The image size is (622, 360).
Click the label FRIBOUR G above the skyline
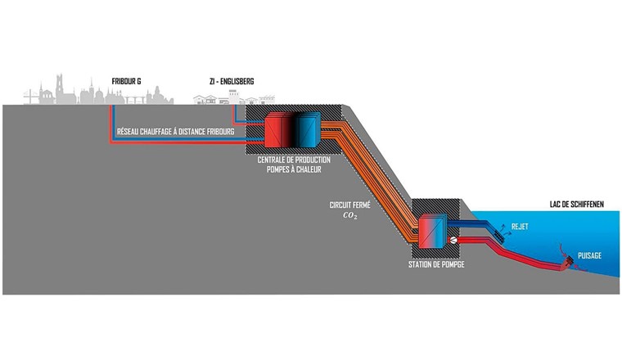point(128,81)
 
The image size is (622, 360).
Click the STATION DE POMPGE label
point(435,265)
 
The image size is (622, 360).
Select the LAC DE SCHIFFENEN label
point(576,205)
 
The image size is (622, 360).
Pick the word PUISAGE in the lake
point(589,255)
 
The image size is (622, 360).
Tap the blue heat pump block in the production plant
point(308,130)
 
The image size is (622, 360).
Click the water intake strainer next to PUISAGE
point(566,263)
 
